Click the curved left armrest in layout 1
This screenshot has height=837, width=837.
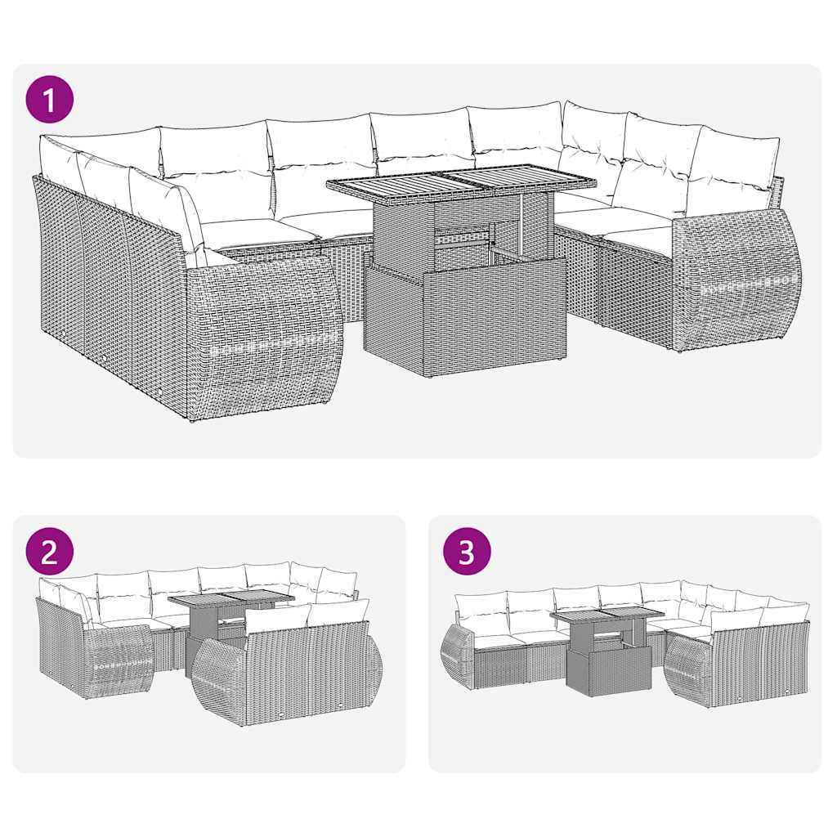[263, 335]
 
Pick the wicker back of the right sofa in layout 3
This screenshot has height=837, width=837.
[756, 666]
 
